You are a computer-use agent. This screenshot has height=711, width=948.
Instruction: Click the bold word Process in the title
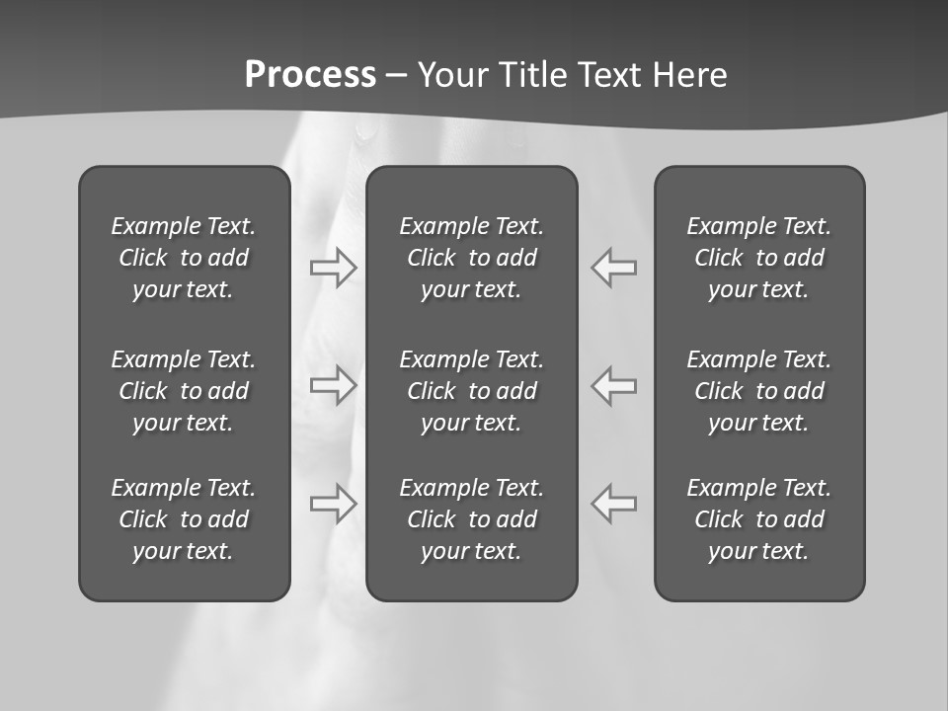(310, 75)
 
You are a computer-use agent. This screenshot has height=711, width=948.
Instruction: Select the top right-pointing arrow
(334, 268)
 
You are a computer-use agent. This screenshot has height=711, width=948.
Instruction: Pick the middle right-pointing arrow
(334, 385)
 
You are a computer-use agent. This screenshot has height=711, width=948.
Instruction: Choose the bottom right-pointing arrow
(334, 503)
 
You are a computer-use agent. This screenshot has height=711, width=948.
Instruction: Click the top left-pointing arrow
(614, 268)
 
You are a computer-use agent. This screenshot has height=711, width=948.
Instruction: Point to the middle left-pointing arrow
(614, 385)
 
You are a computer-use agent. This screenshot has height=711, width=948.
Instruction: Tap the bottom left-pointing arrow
(614, 503)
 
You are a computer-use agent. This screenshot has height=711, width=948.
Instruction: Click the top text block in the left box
(184, 258)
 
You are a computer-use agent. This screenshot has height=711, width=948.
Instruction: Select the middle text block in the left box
(184, 391)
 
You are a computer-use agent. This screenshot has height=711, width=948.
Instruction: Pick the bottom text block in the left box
(184, 519)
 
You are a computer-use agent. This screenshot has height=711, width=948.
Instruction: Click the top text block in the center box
(472, 258)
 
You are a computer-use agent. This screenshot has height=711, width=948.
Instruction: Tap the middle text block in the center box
(472, 391)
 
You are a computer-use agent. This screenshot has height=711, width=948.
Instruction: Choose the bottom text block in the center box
(472, 519)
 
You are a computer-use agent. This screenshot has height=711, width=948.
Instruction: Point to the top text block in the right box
(759, 258)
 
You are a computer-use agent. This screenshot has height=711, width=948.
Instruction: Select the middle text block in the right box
(759, 391)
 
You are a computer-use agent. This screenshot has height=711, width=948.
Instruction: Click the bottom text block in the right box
(759, 519)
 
